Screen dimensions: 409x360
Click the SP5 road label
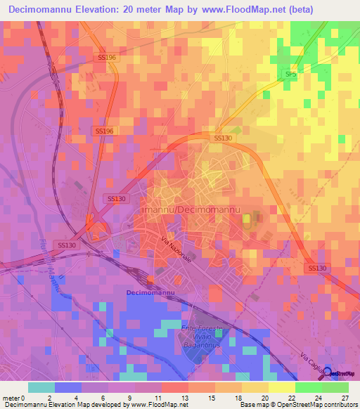tap(290, 73)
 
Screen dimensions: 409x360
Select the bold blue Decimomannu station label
tap(151, 292)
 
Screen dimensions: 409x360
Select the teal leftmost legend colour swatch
tap(41, 387)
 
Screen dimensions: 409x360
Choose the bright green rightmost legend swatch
tap(335, 387)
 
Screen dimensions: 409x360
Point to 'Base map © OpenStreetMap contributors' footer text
tap(297, 404)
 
